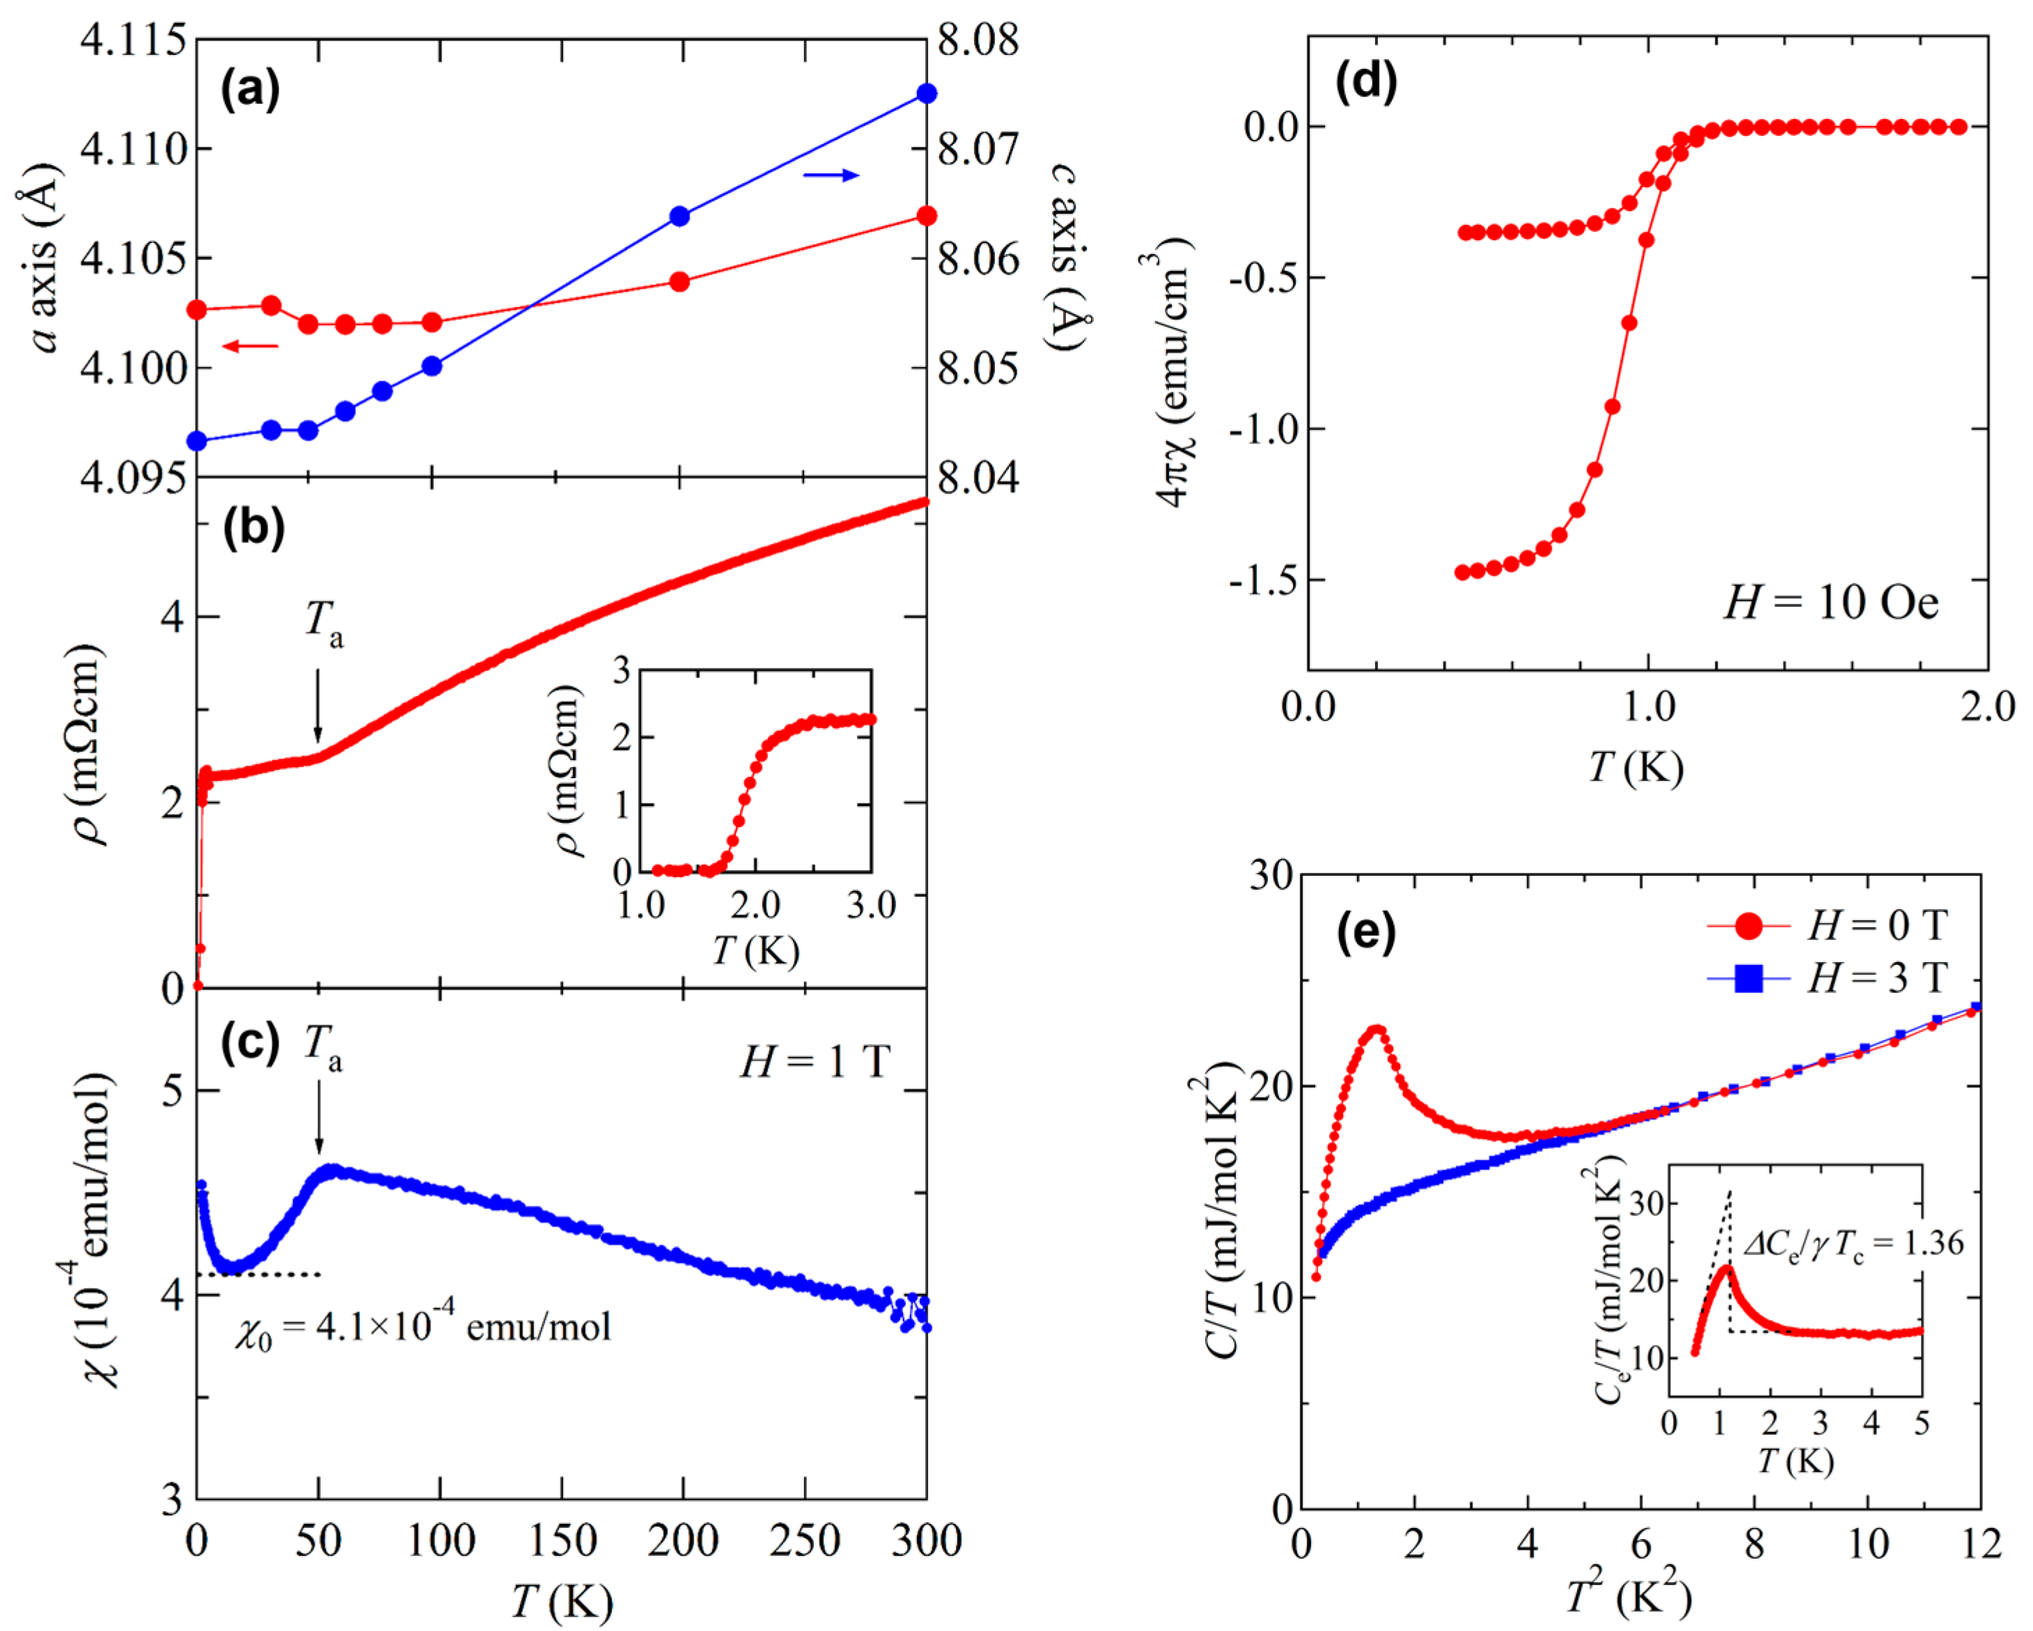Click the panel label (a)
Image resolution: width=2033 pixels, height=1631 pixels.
point(250,91)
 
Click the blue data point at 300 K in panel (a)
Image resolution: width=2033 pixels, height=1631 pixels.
point(926,93)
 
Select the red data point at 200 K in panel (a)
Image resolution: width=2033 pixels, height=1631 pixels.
point(679,282)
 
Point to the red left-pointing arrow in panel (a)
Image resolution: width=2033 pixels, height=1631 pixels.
point(251,346)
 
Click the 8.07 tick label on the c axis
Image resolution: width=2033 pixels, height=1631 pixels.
point(978,149)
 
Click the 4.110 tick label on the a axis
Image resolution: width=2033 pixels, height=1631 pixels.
point(132,149)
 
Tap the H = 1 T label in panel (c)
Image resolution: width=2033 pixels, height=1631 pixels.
point(815,1062)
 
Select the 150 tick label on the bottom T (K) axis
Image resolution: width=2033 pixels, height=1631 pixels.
point(562,1541)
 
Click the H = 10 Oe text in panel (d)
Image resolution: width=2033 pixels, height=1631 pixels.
point(1830,601)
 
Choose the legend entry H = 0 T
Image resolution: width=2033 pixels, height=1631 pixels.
point(1876,927)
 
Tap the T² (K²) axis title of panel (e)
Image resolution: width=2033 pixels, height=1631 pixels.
point(1628,1596)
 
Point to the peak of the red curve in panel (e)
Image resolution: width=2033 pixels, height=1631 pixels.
point(1376,1030)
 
